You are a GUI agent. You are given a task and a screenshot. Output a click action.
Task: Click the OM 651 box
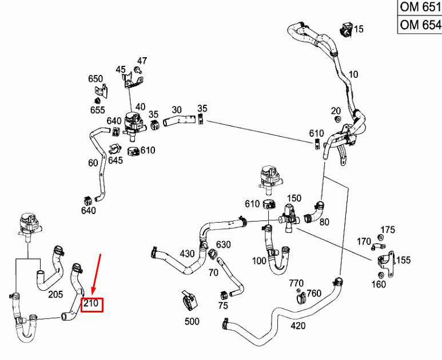420,7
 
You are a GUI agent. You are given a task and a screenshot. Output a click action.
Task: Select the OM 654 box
420,25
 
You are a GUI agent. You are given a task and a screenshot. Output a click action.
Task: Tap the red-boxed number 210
92,304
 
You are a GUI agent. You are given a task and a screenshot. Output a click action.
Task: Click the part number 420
297,326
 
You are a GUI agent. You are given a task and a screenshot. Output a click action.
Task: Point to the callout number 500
192,321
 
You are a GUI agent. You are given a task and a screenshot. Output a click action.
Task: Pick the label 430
187,254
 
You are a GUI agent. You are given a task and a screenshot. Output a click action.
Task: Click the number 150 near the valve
294,198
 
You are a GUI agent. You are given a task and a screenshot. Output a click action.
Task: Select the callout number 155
403,260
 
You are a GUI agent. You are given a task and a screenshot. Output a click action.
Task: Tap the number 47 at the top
142,61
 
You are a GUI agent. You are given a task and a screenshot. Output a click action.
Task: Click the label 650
95,79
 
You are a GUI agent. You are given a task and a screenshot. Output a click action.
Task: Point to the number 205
55,294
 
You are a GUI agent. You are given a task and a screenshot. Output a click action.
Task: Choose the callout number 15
359,29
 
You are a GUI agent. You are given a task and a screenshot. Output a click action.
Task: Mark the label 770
296,283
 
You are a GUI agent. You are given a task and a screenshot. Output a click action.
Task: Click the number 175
388,230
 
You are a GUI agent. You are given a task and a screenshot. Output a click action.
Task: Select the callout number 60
93,163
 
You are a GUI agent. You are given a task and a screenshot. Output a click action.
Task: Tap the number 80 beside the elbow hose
324,221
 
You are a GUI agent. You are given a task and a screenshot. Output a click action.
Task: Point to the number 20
336,110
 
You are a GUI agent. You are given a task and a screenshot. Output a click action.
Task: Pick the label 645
116,160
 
